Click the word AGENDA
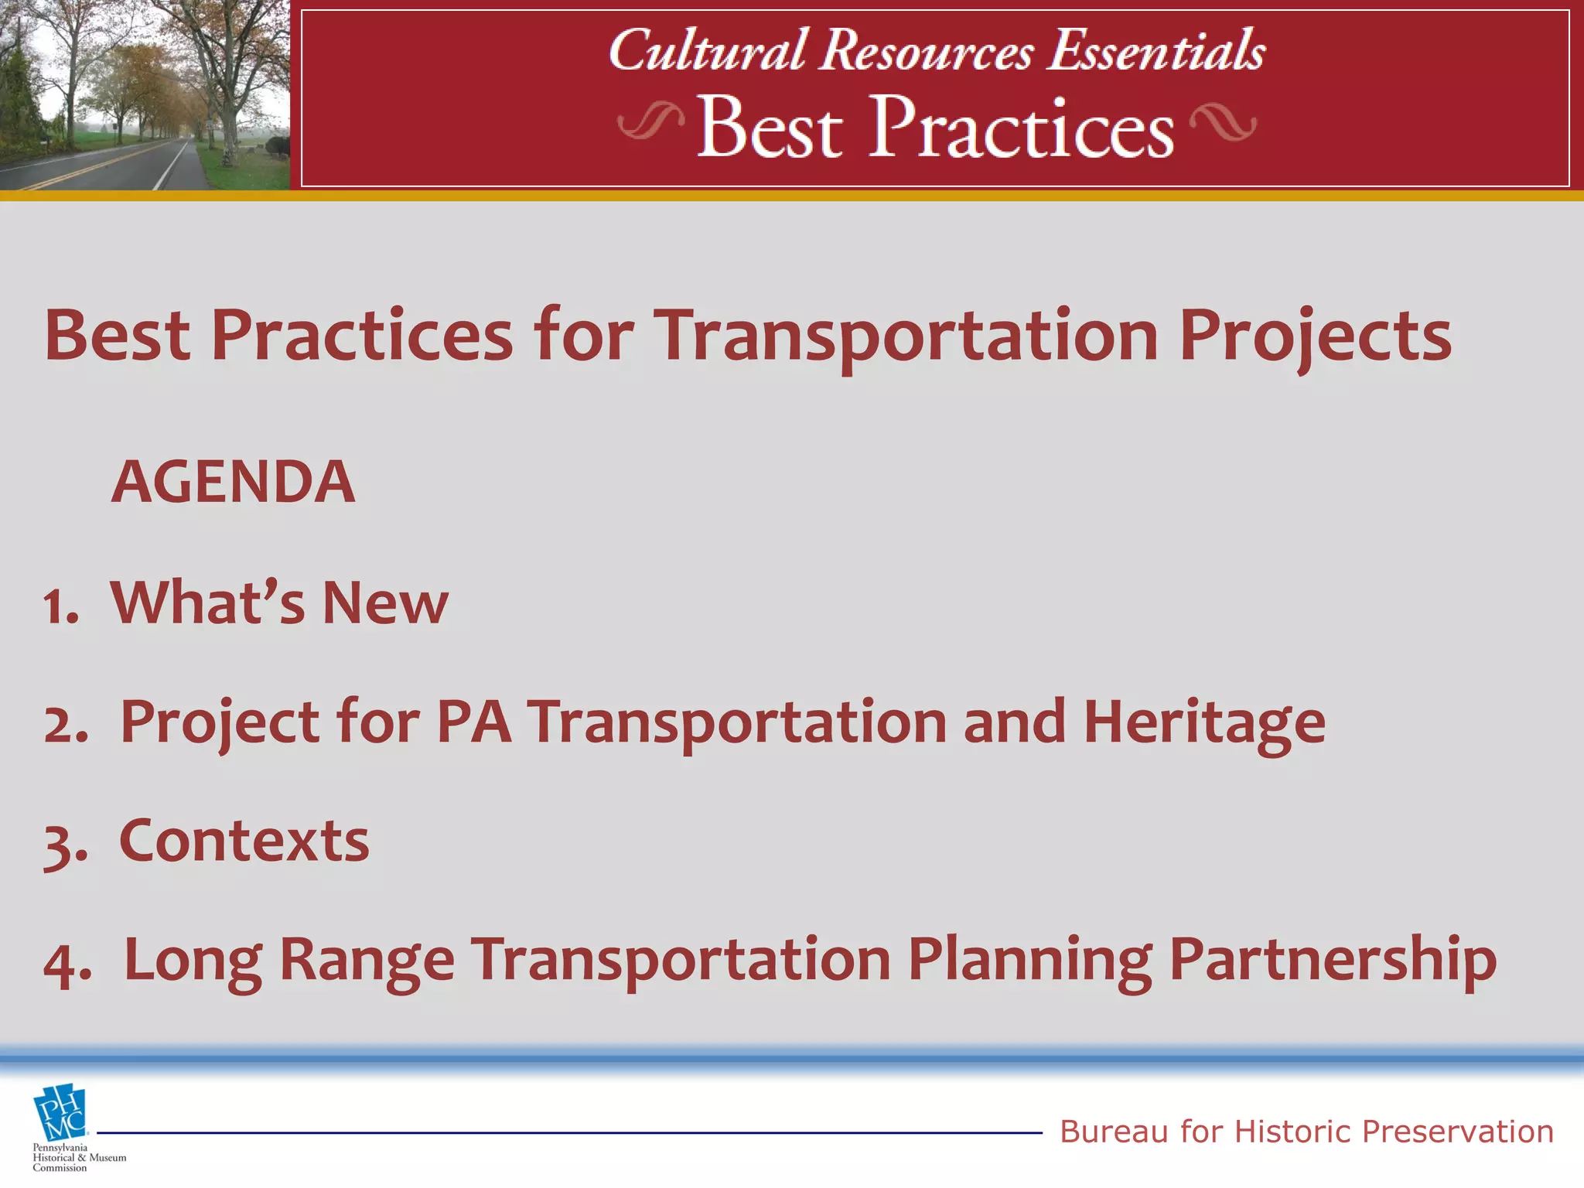tap(233, 482)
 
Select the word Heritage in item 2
tap(1203, 722)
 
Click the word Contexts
tap(244, 841)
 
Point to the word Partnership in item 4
tap(1332, 960)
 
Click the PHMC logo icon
tap(60, 1114)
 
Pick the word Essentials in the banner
tap(1156, 51)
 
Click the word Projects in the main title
tap(1315, 337)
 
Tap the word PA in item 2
tap(473, 722)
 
